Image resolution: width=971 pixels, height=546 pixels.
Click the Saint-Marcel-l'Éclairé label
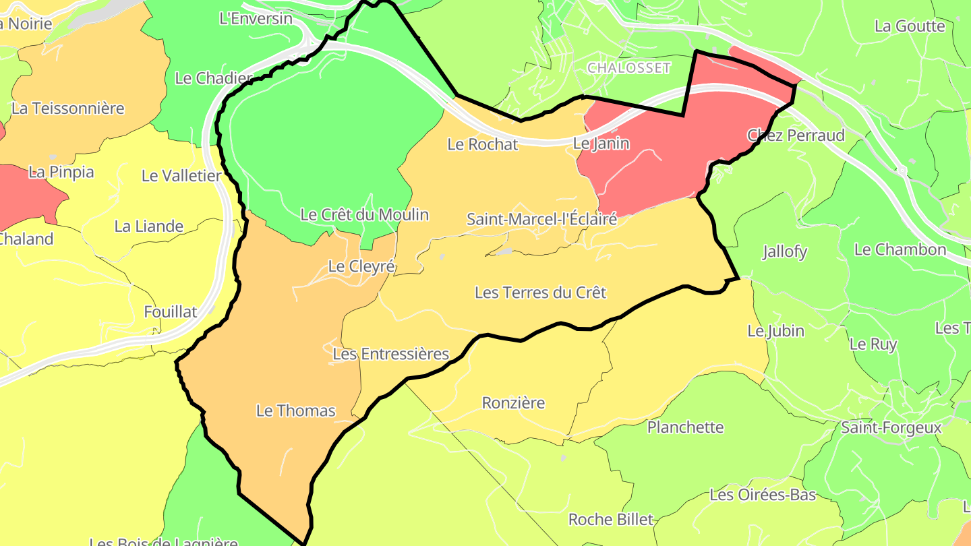pyautogui.click(x=541, y=219)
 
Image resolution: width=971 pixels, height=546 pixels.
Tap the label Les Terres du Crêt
pyautogui.click(x=540, y=293)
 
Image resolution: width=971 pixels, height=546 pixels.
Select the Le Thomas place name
pyautogui.click(x=295, y=410)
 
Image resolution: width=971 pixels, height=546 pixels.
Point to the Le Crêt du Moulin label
pyautogui.click(x=364, y=215)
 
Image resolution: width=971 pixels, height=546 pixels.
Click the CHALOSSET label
pyautogui.click(x=629, y=68)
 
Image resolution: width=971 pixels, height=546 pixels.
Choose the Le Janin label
pyautogui.click(x=601, y=144)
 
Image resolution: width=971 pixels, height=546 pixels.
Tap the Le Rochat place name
pyautogui.click(x=483, y=144)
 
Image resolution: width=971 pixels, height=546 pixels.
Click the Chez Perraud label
pyautogui.click(x=796, y=135)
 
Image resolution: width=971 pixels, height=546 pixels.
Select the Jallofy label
pyautogui.click(x=785, y=252)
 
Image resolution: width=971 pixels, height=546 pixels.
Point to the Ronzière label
pyautogui.click(x=513, y=403)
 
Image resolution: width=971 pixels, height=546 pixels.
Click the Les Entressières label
pyautogui.click(x=390, y=354)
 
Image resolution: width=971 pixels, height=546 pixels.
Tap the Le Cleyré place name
pyautogui.click(x=361, y=266)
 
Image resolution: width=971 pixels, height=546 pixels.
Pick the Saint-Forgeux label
pyautogui.click(x=891, y=428)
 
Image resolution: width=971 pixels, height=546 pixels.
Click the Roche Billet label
pyautogui.click(x=611, y=520)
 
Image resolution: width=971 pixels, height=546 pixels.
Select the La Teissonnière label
pyautogui.click(x=68, y=109)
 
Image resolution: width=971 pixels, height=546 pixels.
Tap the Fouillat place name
pyautogui.click(x=171, y=311)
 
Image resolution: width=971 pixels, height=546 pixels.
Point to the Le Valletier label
pyautogui.click(x=181, y=176)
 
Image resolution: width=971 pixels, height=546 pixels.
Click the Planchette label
pyautogui.click(x=685, y=427)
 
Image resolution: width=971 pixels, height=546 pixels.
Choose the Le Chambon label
pyautogui.click(x=900, y=249)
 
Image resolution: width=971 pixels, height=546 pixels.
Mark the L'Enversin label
pyautogui.click(x=256, y=19)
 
